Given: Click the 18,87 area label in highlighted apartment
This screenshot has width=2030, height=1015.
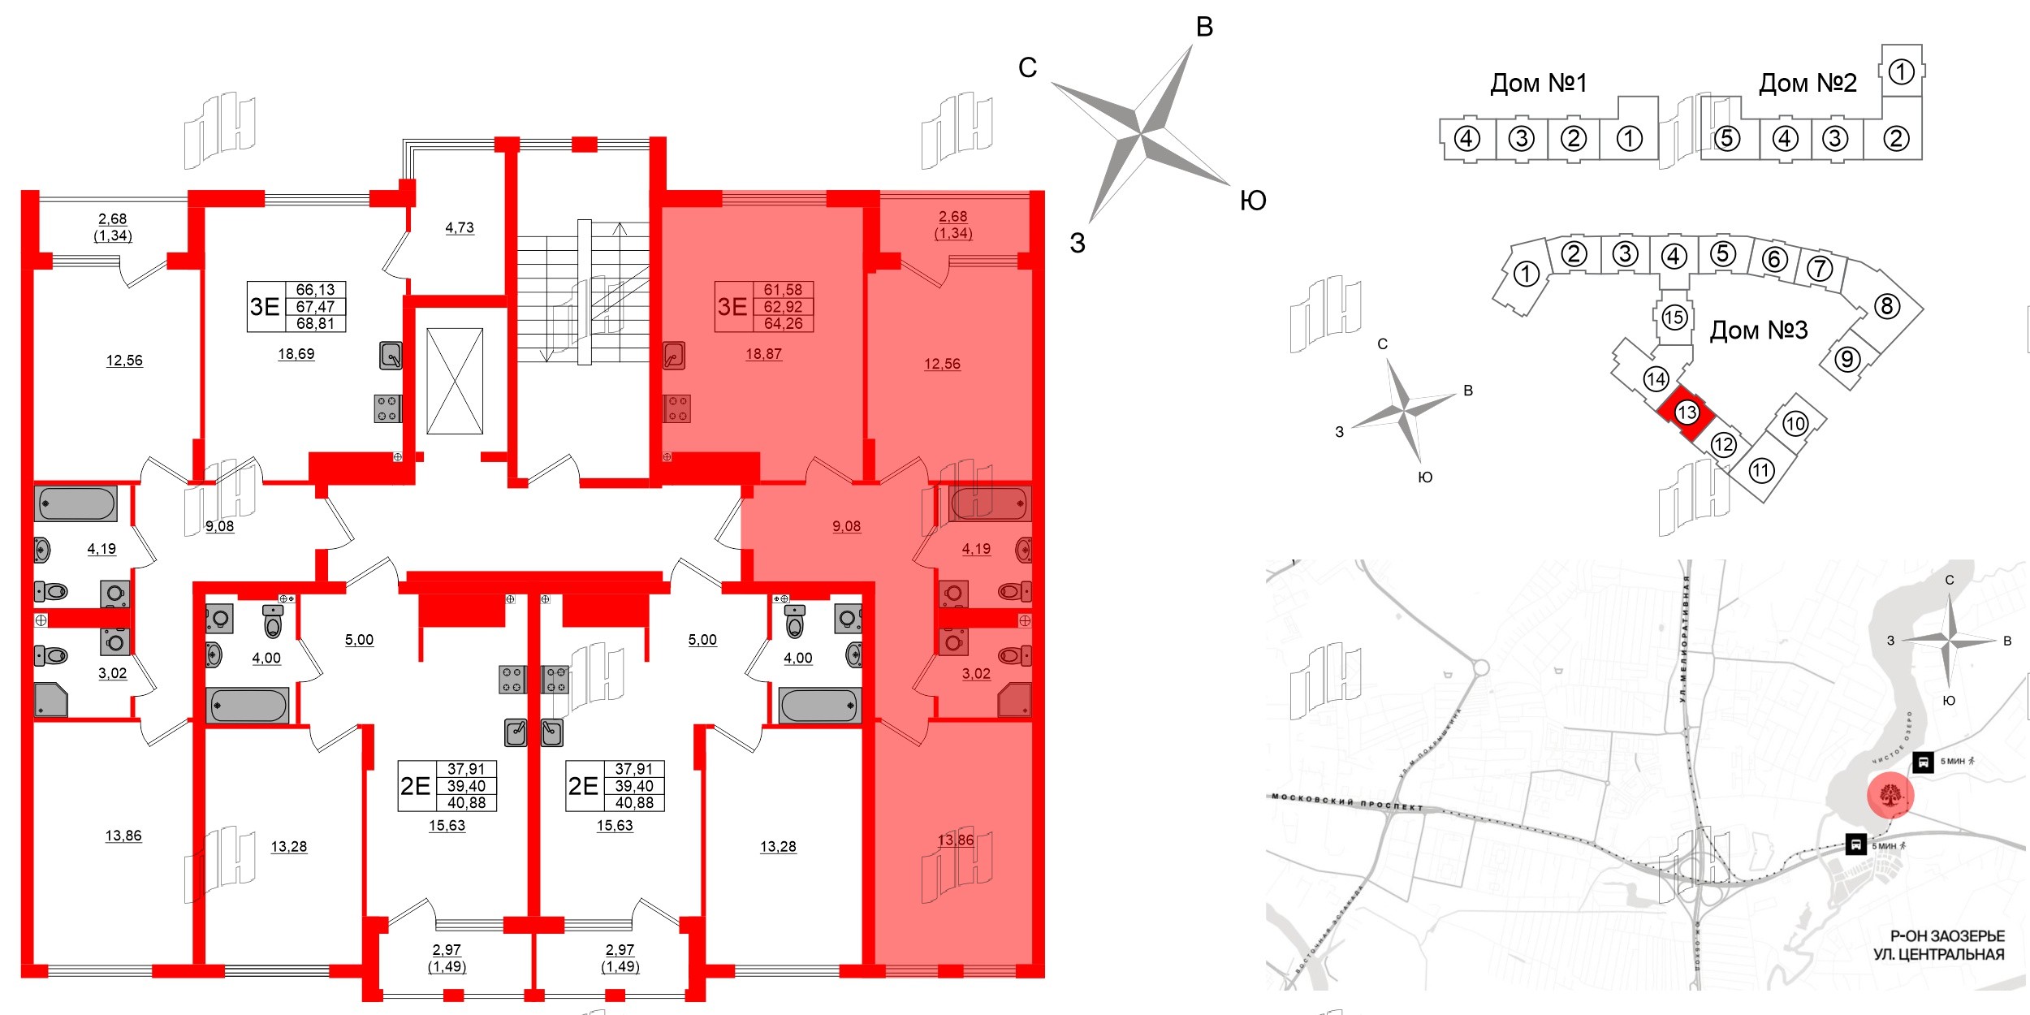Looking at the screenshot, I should pyautogui.click(x=763, y=353).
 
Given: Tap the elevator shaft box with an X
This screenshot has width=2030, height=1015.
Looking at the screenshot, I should pyautogui.click(x=455, y=381).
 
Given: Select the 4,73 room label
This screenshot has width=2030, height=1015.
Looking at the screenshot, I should pyautogui.click(x=460, y=227).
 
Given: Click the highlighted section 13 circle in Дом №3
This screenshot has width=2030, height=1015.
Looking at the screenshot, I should pyautogui.click(x=1687, y=412).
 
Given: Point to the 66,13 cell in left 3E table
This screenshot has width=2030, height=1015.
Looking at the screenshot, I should pyautogui.click(x=315, y=290).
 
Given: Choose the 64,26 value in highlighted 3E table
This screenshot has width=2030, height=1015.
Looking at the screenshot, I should pyautogui.click(x=783, y=323).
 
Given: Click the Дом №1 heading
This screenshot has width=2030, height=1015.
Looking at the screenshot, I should pyautogui.click(x=1538, y=83).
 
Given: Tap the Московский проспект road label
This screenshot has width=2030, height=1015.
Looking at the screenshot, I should pyautogui.click(x=1347, y=802).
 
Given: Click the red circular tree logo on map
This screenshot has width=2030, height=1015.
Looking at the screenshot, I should pyautogui.click(x=1890, y=796).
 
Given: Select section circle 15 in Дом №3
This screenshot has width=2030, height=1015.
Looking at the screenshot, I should pyautogui.click(x=1674, y=317).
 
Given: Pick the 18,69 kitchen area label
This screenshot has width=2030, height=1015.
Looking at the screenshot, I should pyautogui.click(x=296, y=353).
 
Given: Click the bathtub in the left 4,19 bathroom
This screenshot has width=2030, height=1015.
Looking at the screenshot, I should pyautogui.click(x=76, y=503).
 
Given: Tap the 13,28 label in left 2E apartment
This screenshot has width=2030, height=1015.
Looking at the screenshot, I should pyautogui.click(x=288, y=846).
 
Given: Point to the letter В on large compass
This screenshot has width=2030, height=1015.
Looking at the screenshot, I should pyautogui.click(x=1204, y=27).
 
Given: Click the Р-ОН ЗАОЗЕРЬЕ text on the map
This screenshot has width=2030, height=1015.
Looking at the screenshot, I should pyautogui.click(x=1946, y=936).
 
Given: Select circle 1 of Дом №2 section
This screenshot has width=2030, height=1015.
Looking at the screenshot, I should pyautogui.click(x=1901, y=72).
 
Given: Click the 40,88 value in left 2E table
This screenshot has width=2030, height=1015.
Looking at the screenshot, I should pyautogui.click(x=466, y=802).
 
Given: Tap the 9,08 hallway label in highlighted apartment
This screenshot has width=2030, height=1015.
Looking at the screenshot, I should pyautogui.click(x=846, y=526).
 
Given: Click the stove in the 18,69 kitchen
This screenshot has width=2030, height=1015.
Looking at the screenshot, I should pyautogui.click(x=387, y=408).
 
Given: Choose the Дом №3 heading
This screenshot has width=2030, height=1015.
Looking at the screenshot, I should pyautogui.click(x=1758, y=330).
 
